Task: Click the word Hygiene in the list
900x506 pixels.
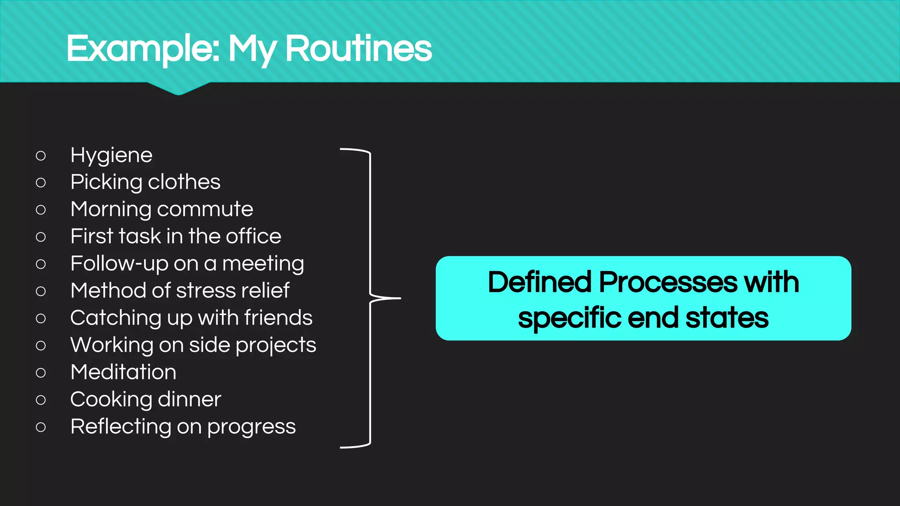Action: click(111, 155)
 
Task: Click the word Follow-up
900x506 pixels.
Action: click(119, 264)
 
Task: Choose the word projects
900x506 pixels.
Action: click(276, 346)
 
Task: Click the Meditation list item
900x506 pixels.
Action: click(123, 372)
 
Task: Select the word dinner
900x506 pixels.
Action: click(189, 399)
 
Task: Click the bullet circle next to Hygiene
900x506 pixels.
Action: click(41, 155)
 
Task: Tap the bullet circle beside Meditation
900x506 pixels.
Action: click(41, 373)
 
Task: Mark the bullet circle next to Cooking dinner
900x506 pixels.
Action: click(41, 400)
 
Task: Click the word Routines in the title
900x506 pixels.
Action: click(358, 48)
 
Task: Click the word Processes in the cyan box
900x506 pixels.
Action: click(668, 282)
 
